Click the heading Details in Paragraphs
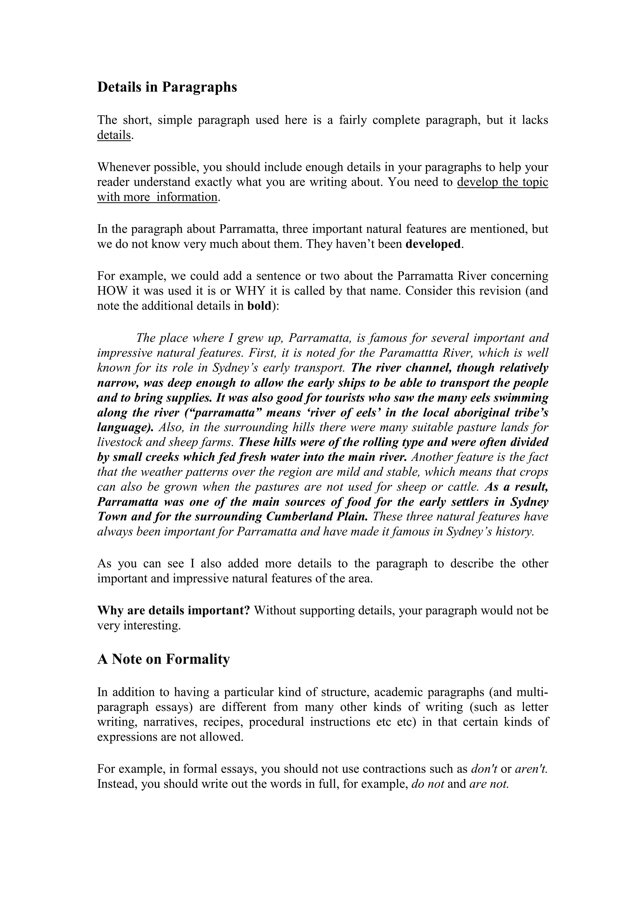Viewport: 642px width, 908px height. [x=167, y=87]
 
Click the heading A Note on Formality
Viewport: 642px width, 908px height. [x=163, y=659]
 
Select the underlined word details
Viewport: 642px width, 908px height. [x=114, y=135]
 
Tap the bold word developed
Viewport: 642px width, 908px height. [x=433, y=244]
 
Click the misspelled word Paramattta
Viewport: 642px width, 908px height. [x=408, y=352]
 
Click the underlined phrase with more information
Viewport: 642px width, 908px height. [x=157, y=197]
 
